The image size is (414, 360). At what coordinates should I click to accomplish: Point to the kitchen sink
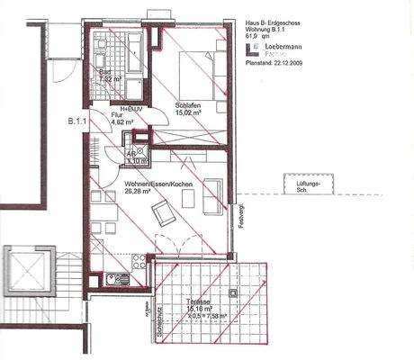point(112,279)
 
